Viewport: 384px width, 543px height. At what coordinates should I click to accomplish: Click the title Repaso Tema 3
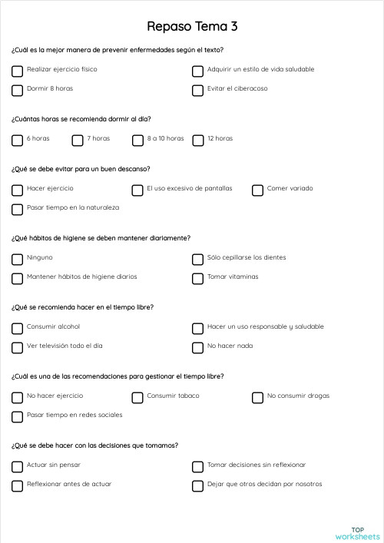(x=192, y=26)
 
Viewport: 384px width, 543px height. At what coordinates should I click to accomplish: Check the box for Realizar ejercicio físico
(x=17, y=71)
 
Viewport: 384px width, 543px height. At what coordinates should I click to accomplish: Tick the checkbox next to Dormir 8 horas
(x=17, y=90)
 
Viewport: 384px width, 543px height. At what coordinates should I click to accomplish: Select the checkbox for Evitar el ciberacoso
(x=197, y=90)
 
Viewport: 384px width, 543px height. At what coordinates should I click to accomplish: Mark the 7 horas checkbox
(x=78, y=140)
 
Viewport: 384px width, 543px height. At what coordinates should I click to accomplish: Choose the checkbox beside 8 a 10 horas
(x=137, y=140)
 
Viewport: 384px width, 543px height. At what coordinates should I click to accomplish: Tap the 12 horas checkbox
(x=197, y=140)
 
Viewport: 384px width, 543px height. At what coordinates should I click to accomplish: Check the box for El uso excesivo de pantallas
(x=137, y=190)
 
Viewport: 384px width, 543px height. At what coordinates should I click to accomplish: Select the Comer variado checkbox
(x=257, y=190)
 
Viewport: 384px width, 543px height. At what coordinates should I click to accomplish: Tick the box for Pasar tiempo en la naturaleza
(x=17, y=209)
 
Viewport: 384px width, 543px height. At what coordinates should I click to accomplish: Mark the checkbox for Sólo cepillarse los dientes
(x=197, y=259)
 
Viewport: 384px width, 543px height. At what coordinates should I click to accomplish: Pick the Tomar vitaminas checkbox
(x=197, y=278)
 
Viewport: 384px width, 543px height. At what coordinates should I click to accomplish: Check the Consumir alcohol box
(x=17, y=328)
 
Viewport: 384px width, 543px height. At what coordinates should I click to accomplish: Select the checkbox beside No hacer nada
(x=197, y=347)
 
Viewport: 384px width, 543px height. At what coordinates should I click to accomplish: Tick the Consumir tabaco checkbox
(x=137, y=397)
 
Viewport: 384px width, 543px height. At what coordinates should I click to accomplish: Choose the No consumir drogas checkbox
(x=257, y=397)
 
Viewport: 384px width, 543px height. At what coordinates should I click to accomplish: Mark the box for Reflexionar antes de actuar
(x=17, y=485)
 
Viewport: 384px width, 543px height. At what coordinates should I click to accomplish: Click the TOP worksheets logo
(x=357, y=532)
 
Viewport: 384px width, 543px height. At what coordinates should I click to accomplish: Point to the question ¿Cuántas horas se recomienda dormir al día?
(x=81, y=119)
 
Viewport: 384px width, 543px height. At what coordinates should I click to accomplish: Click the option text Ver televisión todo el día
(x=65, y=346)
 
